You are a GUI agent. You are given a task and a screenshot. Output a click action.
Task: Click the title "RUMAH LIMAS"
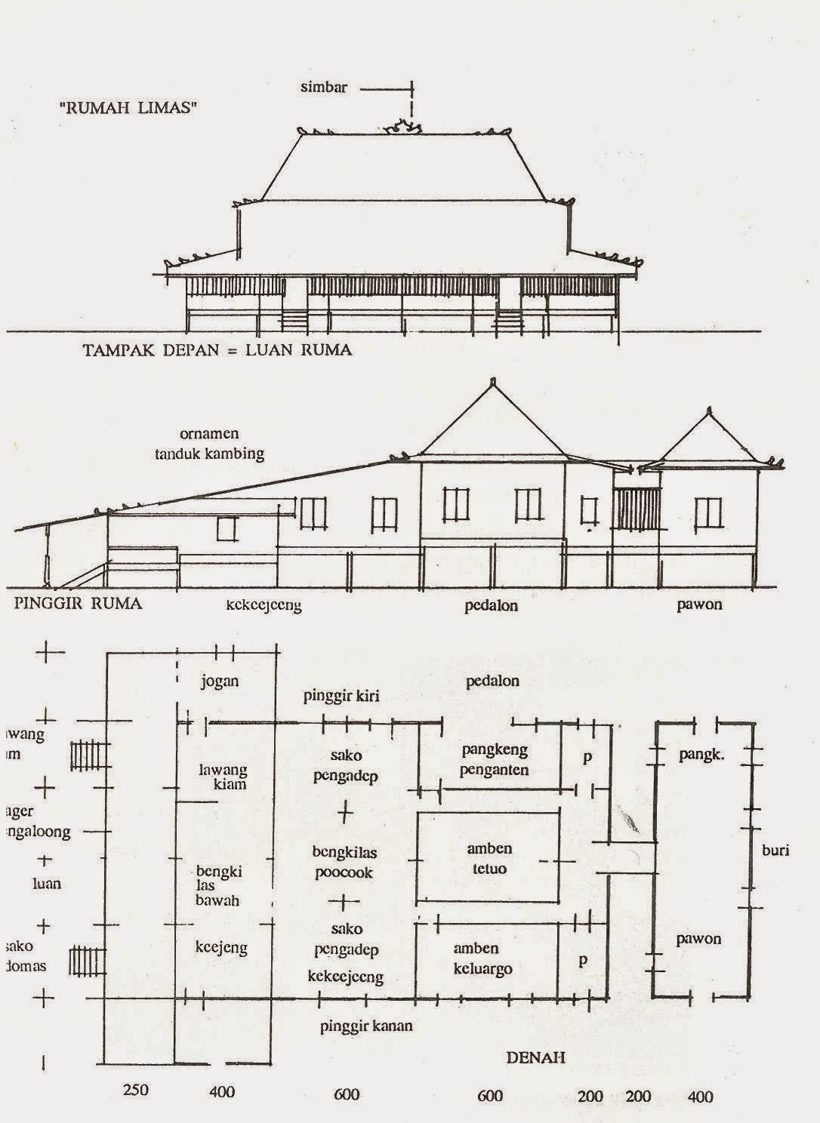point(128,108)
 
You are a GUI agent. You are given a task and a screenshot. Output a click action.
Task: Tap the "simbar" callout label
point(324,87)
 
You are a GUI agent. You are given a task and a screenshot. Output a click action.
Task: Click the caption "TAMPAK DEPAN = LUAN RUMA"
point(217,350)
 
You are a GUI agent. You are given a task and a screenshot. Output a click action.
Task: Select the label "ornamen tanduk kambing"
point(209,444)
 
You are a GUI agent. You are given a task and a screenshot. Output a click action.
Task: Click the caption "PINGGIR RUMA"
point(78,603)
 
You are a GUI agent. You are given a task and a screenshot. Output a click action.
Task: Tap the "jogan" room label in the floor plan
point(220,681)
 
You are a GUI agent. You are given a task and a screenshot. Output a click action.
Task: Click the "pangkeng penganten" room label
point(494,760)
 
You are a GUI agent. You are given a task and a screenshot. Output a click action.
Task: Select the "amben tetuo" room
point(489,859)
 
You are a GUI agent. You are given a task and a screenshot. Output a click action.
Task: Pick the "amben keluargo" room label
point(482,958)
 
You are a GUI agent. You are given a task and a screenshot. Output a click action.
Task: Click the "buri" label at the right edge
point(775,850)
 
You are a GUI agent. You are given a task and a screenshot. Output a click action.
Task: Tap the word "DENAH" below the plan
point(535,1057)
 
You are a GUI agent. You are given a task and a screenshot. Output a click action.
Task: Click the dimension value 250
point(135,1090)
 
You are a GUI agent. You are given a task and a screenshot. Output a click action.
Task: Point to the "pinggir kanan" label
point(366,1026)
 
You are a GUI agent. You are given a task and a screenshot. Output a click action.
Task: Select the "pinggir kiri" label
point(341,696)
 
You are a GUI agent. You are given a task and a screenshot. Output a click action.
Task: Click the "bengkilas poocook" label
point(344,863)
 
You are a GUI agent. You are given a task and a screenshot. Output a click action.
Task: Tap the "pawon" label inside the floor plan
point(698,939)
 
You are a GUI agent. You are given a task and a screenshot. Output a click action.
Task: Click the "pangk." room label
point(701,753)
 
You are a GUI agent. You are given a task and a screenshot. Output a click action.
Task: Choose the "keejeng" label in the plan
point(221,947)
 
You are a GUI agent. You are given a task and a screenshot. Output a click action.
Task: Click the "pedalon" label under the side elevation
point(492,605)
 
